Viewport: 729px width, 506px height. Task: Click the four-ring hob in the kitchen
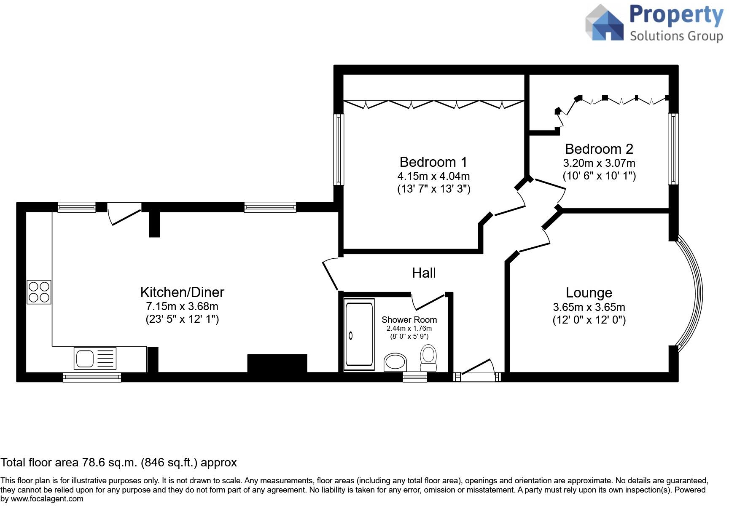tap(39, 292)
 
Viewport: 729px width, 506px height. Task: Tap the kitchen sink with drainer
tap(95, 359)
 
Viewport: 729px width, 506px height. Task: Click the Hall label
tap(424, 273)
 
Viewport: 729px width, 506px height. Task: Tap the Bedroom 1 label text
tap(433, 162)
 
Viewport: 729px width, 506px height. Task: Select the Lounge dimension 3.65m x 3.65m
tap(589, 307)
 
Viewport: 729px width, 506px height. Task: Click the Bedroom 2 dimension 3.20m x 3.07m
tap(599, 163)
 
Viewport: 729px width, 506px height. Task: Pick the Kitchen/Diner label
tap(182, 292)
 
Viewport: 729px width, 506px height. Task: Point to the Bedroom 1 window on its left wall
tap(339, 149)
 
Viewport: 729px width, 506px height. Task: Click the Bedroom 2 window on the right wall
tap(673, 148)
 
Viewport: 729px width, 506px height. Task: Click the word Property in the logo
tap(676, 15)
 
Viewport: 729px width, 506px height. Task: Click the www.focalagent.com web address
tap(47, 499)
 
